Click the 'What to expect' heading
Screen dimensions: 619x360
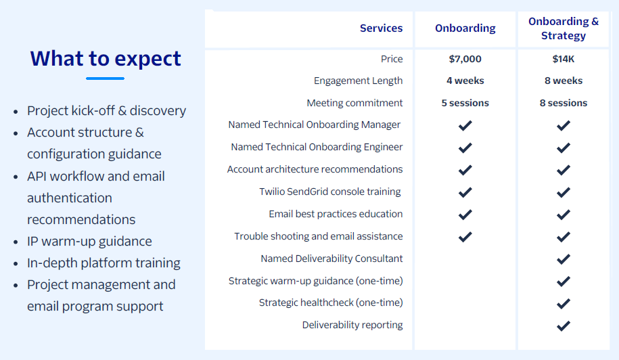click(106, 59)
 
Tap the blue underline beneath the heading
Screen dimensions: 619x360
click(105, 78)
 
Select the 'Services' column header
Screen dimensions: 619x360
click(381, 28)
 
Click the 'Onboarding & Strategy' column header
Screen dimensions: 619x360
click(564, 28)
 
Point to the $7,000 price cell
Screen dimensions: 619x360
click(465, 60)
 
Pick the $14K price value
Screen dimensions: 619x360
click(564, 60)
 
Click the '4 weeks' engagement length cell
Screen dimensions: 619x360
click(465, 81)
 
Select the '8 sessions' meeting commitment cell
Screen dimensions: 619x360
click(564, 103)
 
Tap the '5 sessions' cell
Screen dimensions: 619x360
click(465, 103)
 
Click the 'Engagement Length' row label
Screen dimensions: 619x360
click(358, 81)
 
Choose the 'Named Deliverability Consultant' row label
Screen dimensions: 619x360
click(331, 258)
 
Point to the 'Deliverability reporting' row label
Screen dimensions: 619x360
click(352, 325)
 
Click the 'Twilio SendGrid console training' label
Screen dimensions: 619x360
click(330, 192)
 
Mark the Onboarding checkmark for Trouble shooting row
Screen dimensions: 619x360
click(465, 237)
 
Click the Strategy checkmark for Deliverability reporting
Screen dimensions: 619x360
click(564, 326)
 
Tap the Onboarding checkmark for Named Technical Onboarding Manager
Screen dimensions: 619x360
click(465, 126)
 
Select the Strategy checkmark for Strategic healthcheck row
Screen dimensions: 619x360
click(564, 304)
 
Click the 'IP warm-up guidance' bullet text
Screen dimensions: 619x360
click(89, 241)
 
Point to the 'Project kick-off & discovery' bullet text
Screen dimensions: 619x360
click(107, 110)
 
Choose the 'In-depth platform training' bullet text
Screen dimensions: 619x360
click(104, 263)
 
